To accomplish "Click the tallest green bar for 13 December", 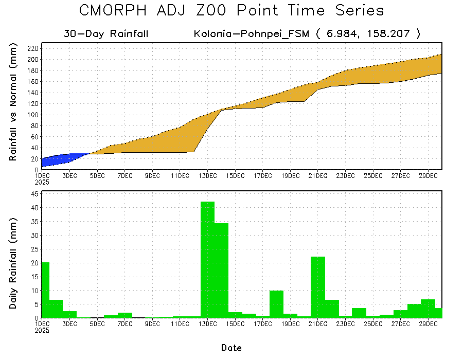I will [x=207, y=260].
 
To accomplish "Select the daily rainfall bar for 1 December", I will [x=45, y=290].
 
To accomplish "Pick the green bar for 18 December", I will [x=277, y=304].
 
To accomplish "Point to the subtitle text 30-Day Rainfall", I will [x=106, y=34].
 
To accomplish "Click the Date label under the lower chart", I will [x=231, y=348].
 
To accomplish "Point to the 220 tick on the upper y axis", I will [x=33, y=48].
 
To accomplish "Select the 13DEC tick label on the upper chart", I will [x=207, y=176].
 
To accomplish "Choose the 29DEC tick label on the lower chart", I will [x=428, y=324].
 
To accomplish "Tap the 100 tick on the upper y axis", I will [x=33, y=115].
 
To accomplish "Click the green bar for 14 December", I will [x=221, y=270].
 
